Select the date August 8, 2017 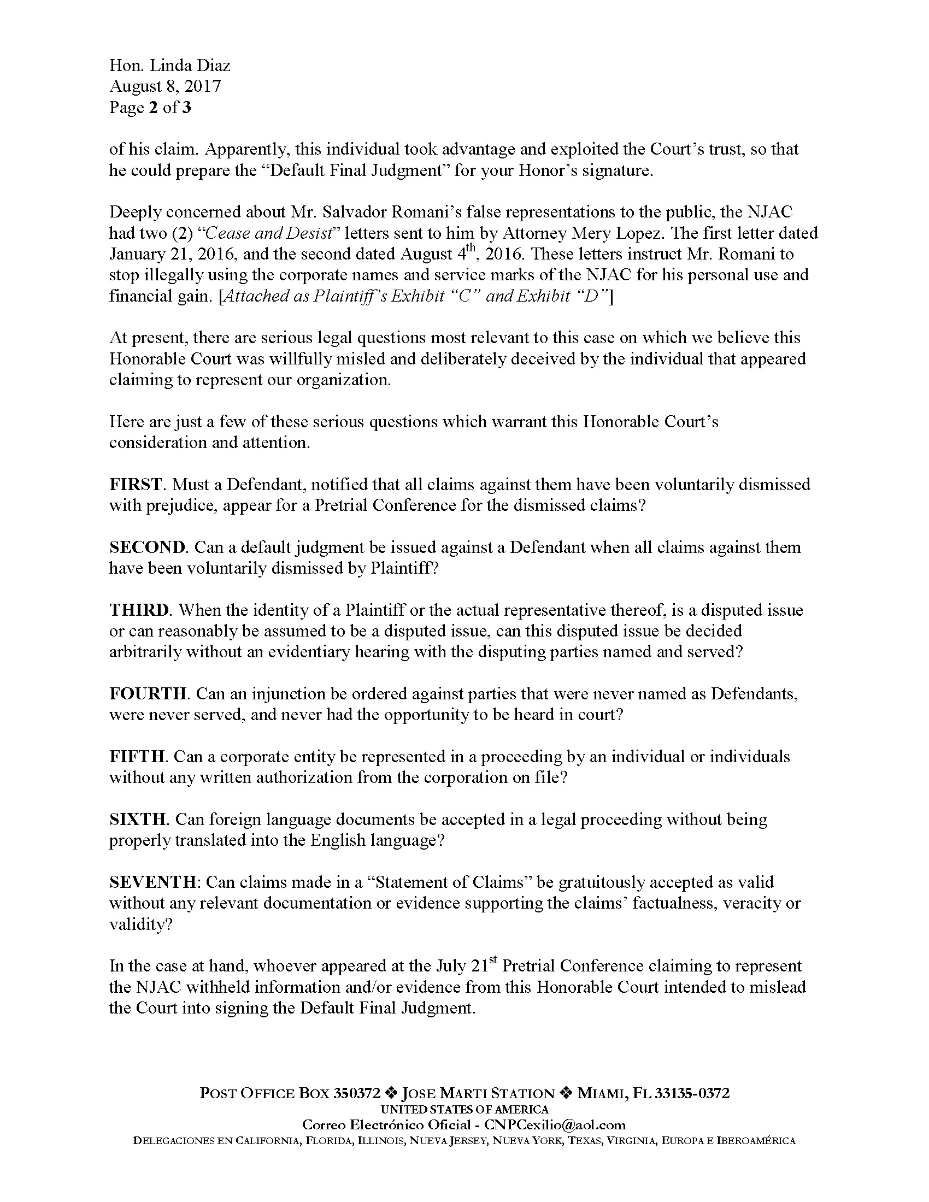[x=164, y=86]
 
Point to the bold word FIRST [x=136, y=484]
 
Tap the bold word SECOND [x=147, y=547]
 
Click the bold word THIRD [x=138, y=610]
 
